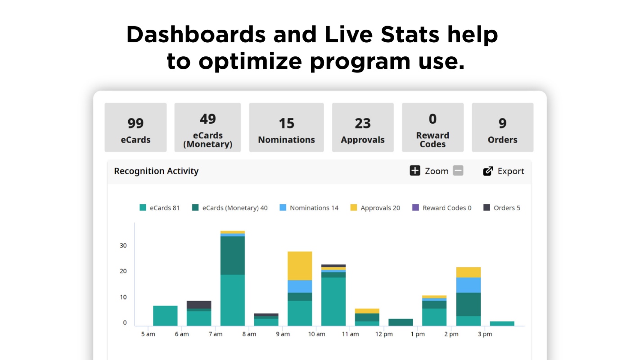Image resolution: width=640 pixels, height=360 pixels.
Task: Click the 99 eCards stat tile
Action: pyautogui.click(x=135, y=127)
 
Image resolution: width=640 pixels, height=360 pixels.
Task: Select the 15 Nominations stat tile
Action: pyautogui.click(x=286, y=127)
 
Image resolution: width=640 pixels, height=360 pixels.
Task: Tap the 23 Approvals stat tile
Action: pyautogui.click(x=363, y=127)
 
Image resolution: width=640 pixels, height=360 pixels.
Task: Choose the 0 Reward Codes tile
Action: pyautogui.click(x=433, y=127)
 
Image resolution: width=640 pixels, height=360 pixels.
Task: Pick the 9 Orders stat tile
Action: pyautogui.click(x=502, y=127)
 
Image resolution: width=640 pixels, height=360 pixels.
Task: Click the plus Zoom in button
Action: pyautogui.click(x=415, y=171)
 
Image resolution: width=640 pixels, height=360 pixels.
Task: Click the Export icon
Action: pyautogui.click(x=488, y=171)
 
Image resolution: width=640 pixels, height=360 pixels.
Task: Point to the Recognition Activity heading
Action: pyautogui.click(x=156, y=171)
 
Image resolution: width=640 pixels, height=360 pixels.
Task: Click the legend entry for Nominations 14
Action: pyautogui.click(x=309, y=208)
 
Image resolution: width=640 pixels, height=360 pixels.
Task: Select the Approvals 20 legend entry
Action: pyautogui.click(x=375, y=208)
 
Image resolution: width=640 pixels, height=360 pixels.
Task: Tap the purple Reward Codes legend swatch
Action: pyautogui.click(x=415, y=207)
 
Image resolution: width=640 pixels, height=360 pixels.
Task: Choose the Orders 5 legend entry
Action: pyautogui.click(x=502, y=208)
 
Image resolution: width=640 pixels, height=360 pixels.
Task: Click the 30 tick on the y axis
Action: pyautogui.click(x=123, y=245)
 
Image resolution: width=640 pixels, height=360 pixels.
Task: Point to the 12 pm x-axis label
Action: pyautogui.click(x=384, y=334)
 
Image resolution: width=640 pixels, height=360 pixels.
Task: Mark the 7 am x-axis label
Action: pyautogui.click(x=216, y=334)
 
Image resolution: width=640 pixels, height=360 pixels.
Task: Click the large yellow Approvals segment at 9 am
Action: pyautogui.click(x=300, y=265)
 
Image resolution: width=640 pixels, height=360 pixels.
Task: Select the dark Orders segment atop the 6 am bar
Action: pyautogui.click(x=199, y=305)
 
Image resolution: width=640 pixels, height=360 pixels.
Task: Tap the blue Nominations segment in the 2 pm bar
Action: pyautogui.click(x=468, y=285)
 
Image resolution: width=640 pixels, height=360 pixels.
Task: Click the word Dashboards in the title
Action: pyautogui.click(x=196, y=35)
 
